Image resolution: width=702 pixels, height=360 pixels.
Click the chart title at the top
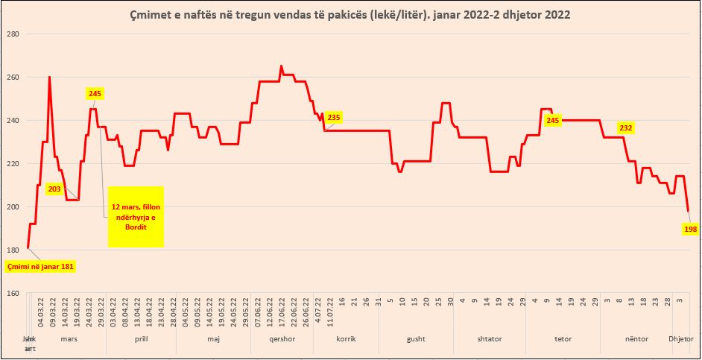pyautogui.click(x=350, y=14)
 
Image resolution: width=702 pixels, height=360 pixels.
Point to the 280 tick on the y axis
pyautogui.click(x=12, y=34)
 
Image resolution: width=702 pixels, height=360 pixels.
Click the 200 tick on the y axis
pyautogui.click(x=12, y=206)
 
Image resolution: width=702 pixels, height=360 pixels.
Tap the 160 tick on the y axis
pyautogui.click(x=12, y=293)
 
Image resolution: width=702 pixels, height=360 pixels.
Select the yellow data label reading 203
pyautogui.click(x=54, y=189)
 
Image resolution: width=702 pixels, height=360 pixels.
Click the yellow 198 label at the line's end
pyautogui.click(x=690, y=230)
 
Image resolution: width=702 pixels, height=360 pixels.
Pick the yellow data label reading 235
pyautogui.click(x=333, y=118)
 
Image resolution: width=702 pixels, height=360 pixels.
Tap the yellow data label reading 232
pyautogui.click(x=625, y=128)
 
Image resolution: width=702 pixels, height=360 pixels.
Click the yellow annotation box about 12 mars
pyautogui.click(x=136, y=216)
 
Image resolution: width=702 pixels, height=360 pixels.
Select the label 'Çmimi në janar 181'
pyautogui.click(x=41, y=266)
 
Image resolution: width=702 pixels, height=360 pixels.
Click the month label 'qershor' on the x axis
pyautogui.click(x=281, y=339)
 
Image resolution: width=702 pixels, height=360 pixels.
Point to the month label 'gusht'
pyautogui.click(x=416, y=339)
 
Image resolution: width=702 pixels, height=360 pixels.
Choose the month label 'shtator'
pyautogui.click(x=489, y=339)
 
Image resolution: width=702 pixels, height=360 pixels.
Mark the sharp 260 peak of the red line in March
pyautogui.click(x=50, y=78)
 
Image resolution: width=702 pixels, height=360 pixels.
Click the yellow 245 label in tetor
pyautogui.click(x=553, y=120)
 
